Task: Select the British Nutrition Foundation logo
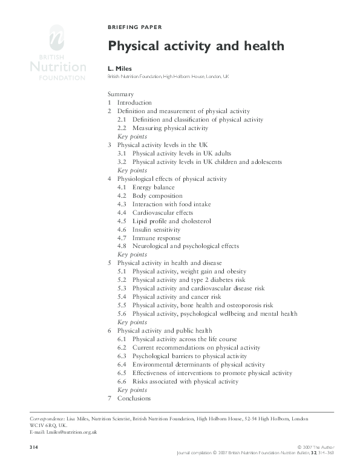pyautogui.click(x=56, y=54)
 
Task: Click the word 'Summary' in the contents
pyautogui.click(x=120, y=94)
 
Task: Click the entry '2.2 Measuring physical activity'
pyautogui.click(x=163, y=128)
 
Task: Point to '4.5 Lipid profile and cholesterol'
pyautogui.click(x=164, y=221)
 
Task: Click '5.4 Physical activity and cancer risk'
pyautogui.click(x=169, y=297)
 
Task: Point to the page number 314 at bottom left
pyautogui.click(x=34, y=447)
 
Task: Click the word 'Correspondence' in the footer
pyautogui.click(x=47, y=419)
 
